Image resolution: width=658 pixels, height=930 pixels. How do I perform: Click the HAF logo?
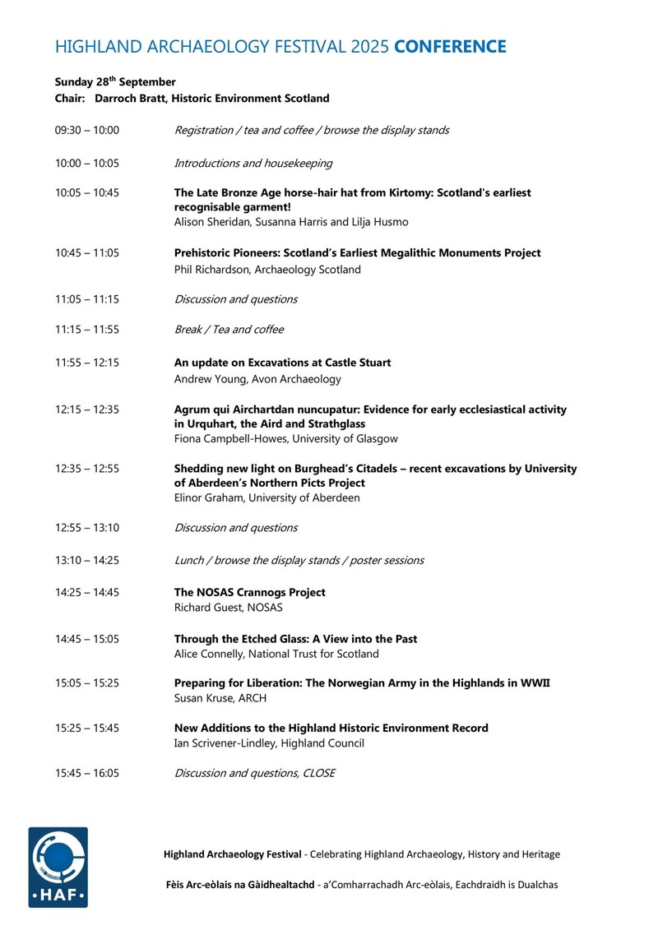[x=58, y=868]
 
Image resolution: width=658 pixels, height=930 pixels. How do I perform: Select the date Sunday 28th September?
[x=115, y=81]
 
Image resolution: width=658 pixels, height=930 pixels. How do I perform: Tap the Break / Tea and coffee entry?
[x=229, y=330]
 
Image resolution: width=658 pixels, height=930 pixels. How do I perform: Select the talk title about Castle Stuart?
[x=283, y=363]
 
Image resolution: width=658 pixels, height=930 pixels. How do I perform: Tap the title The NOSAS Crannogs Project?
[x=250, y=592]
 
